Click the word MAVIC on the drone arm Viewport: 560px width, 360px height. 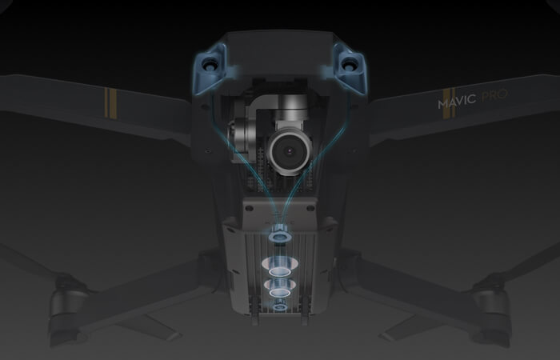(x=457, y=101)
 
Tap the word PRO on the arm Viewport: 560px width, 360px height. (x=494, y=96)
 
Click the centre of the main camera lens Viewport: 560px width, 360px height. (x=290, y=151)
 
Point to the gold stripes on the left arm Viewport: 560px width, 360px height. (x=110, y=103)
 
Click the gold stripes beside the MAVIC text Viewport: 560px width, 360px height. (x=449, y=103)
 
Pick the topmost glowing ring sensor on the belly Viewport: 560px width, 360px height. (x=280, y=235)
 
